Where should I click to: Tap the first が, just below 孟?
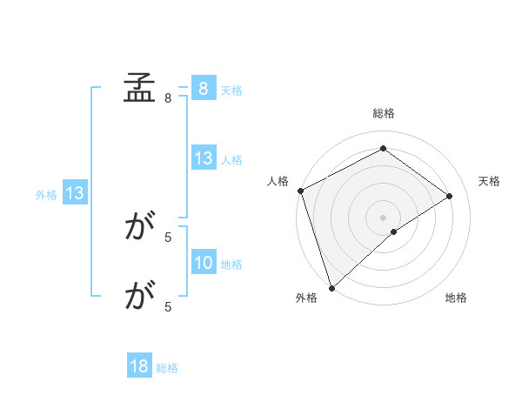pos(139,228)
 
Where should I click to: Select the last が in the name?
pos(139,298)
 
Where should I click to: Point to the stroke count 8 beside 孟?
pos(168,98)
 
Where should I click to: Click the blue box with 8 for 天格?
pos(203,89)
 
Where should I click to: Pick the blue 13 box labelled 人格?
pos(203,158)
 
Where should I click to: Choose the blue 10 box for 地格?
pos(203,263)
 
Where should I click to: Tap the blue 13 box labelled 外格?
pos(75,194)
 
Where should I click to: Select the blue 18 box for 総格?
pos(139,367)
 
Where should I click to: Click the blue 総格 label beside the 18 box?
pos(167,368)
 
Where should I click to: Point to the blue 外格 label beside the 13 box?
pos(46,195)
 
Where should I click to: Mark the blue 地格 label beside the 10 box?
pos(231,264)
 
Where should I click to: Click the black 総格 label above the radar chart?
pos(383,113)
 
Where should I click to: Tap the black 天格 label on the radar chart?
pos(490,181)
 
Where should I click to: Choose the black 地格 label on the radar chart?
pos(456,298)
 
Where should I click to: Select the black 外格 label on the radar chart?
pos(306,298)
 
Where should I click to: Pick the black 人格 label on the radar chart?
pos(278,181)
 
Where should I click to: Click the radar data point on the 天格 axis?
pos(450,196)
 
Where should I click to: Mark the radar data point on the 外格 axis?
pos(331,286)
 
